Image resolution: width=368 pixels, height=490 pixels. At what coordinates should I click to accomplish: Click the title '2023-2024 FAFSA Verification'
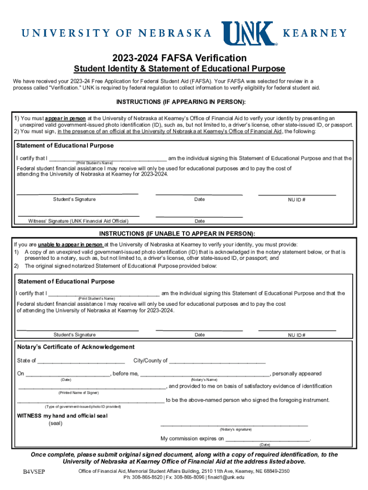184,58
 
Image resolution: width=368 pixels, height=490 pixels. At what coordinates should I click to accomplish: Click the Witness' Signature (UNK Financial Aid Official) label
78,221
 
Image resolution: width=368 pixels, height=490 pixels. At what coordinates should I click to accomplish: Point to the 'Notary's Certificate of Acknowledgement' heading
76,347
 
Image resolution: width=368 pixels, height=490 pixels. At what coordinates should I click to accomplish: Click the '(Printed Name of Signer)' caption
78,392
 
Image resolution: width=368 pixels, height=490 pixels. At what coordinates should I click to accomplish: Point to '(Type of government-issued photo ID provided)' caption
83,407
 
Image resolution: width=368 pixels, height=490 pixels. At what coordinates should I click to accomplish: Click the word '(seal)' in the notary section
55,423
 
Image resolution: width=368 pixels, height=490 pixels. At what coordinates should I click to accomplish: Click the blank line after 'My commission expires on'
268,439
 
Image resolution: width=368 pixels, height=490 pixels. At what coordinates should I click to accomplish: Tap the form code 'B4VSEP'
34,473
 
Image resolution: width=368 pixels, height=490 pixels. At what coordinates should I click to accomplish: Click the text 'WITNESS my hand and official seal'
62,416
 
